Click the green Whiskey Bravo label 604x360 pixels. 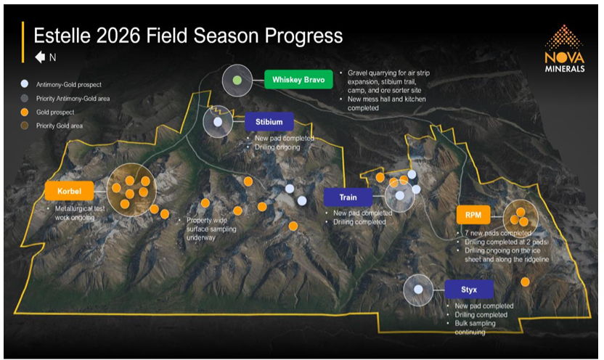coord(298,80)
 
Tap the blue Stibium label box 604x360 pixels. coord(269,122)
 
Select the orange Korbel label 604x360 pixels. coord(70,191)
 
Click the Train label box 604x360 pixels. coord(348,197)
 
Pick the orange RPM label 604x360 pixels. coord(473,215)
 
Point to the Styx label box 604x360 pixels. coord(469,290)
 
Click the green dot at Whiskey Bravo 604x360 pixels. coord(237,80)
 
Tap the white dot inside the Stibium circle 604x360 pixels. coord(218,122)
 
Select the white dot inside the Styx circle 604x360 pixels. coord(418,290)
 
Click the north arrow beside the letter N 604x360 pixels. coord(40,57)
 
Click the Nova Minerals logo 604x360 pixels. coord(565,49)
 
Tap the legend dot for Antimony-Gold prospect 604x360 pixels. coord(25,84)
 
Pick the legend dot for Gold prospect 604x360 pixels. coord(25,112)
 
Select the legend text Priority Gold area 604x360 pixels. coord(60,126)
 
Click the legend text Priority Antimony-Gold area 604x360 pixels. coord(73,99)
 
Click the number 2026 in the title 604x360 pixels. coord(118,36)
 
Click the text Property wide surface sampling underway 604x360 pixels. coord(211,229)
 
